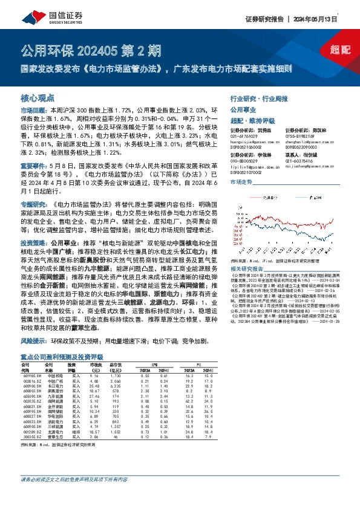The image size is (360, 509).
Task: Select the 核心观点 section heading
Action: pos(38,98)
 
